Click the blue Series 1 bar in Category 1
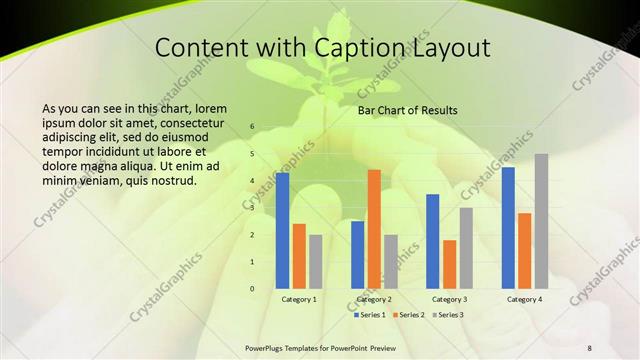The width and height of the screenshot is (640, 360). pyautogui.click(x=283, y=230)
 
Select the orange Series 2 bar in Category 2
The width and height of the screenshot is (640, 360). pyautogui.click(x=374, y=229)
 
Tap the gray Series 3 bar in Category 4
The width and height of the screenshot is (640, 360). pyautogui.click(x=541, y=221)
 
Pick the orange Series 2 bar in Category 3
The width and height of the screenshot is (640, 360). pyautogui.click(x=450, y=264)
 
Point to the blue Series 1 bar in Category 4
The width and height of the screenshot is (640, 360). pyautogui.click(x=509, y=228)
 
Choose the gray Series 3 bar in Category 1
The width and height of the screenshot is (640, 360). pyautogui.click(x=315, y=261)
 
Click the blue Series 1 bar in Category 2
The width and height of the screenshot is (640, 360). pyautogui.click(x=358, y=254)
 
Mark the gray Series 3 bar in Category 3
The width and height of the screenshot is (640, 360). pyautogui.click(x=466, y=248)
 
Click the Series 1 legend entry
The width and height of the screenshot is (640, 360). pyautogui.click(x=370, y=315)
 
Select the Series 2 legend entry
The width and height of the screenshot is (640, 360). pyautogui.click(x=409, y=315)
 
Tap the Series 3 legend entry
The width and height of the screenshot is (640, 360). pyautogui.click(x=448, y=315)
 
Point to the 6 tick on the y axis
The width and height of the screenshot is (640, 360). pyautogui.click(x=252, y=126)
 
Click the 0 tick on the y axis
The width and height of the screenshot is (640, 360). pyautogui.click(x=252, y=289)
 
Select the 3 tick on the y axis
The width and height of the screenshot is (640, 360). pyautogui.click(x=252, y=208)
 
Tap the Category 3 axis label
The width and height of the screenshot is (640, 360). pyautogui.click(x=449, y=299)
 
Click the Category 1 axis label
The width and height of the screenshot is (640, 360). pyautogui.click(x=299, y=299)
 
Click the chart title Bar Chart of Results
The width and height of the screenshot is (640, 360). pyautogui.click(x=408, y=110)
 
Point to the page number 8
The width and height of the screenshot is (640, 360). pyautogui.click(x=589, y=347)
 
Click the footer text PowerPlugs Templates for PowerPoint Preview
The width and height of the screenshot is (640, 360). pyautogui.click(x=321, y=347)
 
